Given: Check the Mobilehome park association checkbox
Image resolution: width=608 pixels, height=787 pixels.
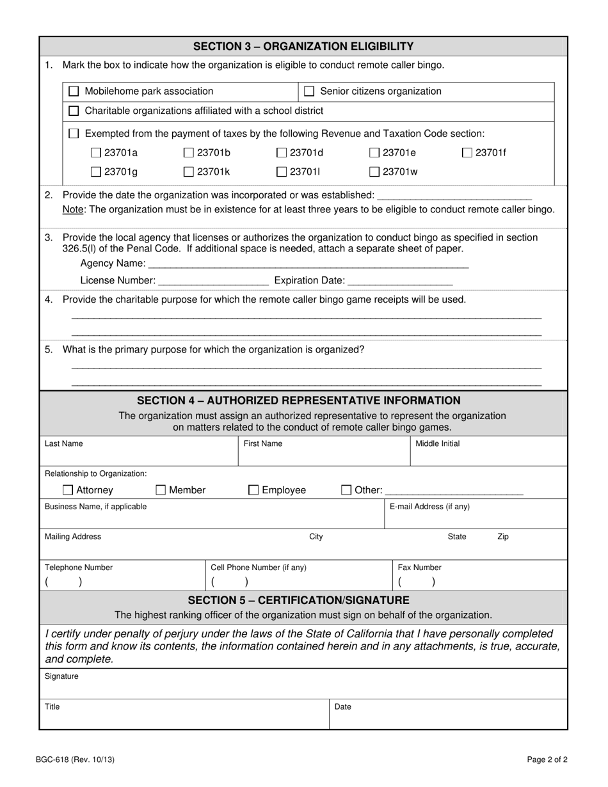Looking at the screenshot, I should click(74, 91).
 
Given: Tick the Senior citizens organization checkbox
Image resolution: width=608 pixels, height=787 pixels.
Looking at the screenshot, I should click(308, 91).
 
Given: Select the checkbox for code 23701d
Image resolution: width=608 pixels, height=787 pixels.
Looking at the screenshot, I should click(282, 153).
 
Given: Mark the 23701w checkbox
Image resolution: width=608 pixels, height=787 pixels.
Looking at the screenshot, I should click(374, 171).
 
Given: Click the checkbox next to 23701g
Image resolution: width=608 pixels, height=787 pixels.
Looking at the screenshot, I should click(96, 171).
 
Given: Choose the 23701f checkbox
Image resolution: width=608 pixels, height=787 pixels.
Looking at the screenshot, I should click(467, 153).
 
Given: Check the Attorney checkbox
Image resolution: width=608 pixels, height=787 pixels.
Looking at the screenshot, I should click(68, 491).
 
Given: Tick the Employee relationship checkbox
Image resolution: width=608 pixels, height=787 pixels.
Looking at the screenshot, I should click(253, 491).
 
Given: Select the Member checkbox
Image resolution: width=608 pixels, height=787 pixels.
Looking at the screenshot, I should click(161, 491).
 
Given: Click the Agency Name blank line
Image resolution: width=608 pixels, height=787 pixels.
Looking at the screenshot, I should click(308, 264).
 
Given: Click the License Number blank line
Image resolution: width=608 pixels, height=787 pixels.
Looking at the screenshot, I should click(212, 280).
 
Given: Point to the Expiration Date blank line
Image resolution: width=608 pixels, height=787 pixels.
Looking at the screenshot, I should click(400, 280).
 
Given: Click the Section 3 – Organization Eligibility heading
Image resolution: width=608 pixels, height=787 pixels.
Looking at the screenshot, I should click(303, 46).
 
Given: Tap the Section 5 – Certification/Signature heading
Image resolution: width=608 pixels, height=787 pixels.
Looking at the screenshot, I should click(298, 600).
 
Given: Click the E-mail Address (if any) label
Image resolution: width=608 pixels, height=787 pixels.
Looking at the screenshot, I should click(429, 507).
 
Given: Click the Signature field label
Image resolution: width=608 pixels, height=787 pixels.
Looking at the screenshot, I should click(61, 676).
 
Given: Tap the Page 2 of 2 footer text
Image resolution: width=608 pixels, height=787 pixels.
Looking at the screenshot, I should click(547, 760).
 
